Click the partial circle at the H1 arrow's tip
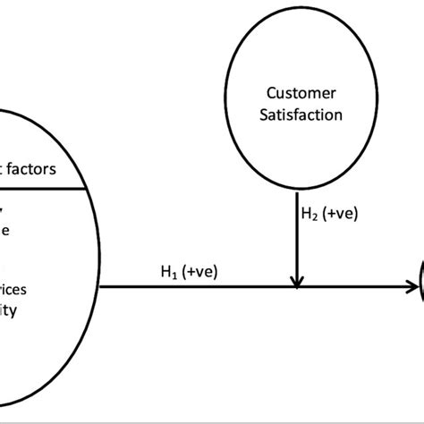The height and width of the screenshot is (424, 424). (x=420, y=288)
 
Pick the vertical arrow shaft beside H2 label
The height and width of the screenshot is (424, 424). (x=294, y=233)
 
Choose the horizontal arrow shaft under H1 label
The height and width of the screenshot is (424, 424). (x=197, y=288)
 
